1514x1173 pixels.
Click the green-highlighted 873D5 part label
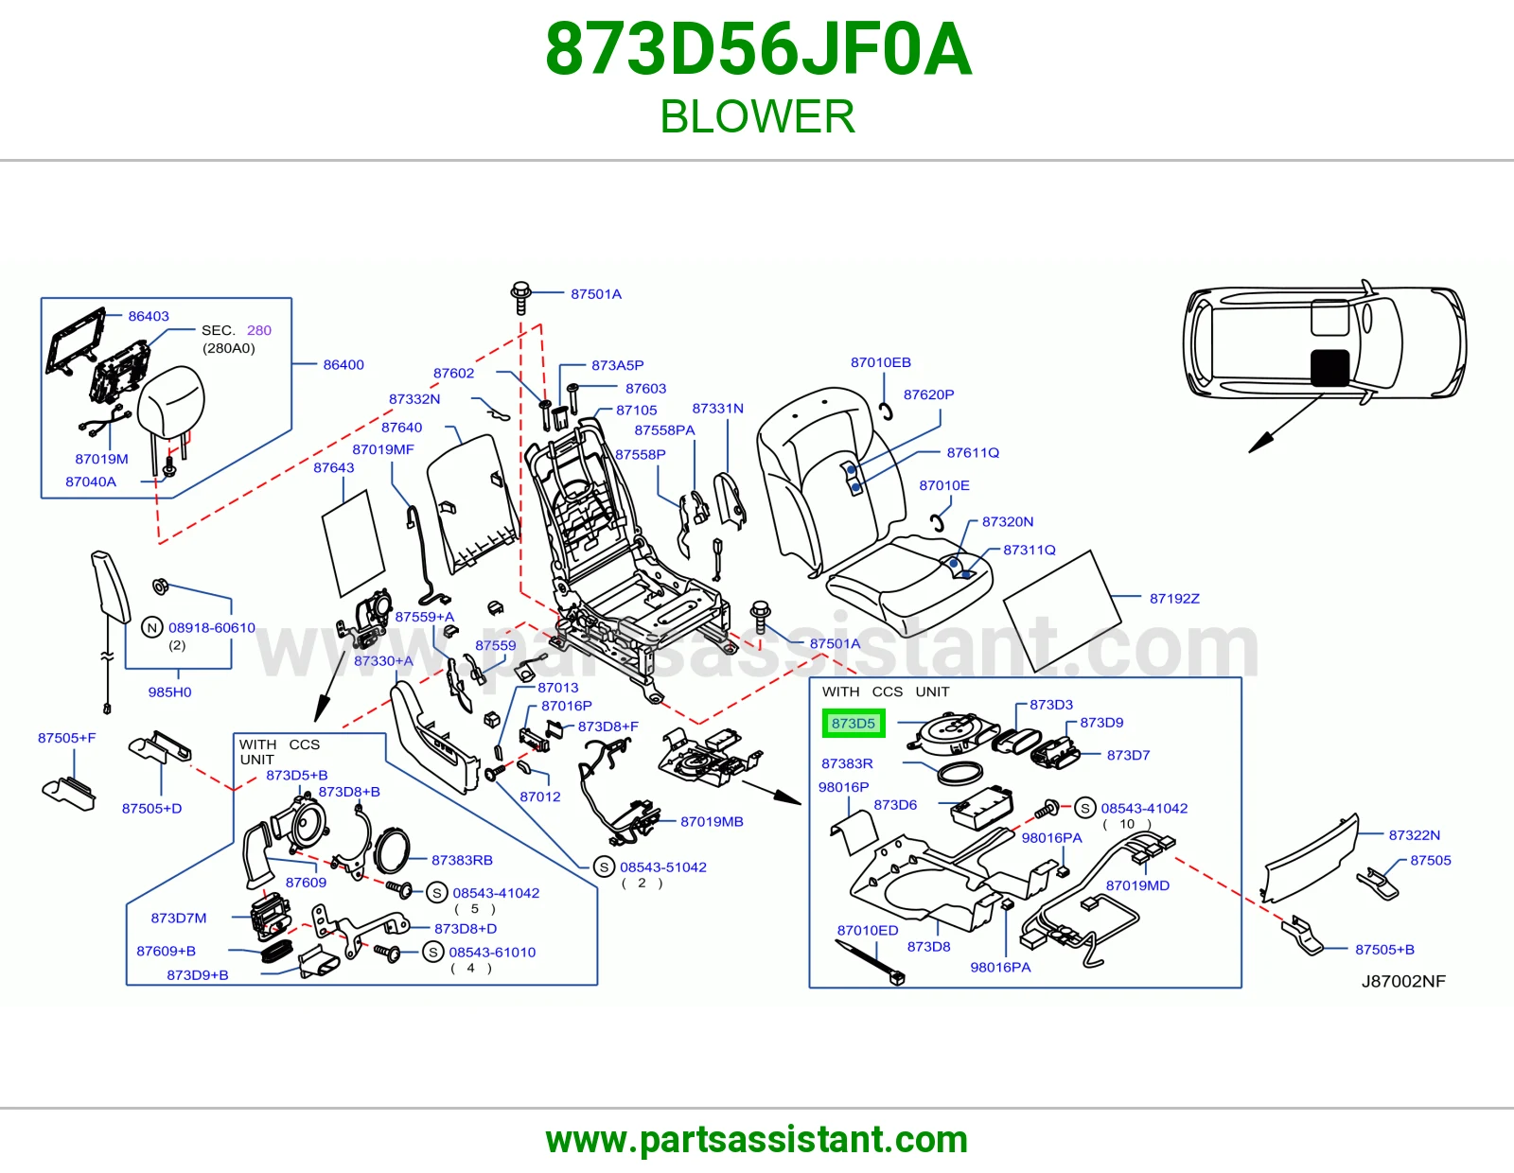pos(854,723)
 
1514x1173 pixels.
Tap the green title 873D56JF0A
pos(758,49)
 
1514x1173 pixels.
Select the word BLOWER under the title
pos(757,116)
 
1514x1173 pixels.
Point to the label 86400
pos(343,364)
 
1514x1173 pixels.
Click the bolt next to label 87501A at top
pos(520,297)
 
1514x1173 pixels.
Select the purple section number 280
pos(259,330)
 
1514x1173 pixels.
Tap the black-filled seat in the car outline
pos(1330,368)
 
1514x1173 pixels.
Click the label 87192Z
pos(1174,599)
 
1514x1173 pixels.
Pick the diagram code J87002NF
pos(1403,981)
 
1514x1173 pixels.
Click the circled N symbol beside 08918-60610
pos(152,627)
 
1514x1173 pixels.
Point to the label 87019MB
pos(712,821)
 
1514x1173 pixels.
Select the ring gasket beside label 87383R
pos(960,774)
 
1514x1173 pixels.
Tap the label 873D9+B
pos(197,974)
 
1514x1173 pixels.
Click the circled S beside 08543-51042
pos(604,867)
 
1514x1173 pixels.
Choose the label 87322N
pos(1415,834)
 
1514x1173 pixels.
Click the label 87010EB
pos(881,362)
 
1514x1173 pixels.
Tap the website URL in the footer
pos(757,1140)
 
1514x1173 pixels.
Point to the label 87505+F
pos(67,738)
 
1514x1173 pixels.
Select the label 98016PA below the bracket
pos(1000,967)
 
